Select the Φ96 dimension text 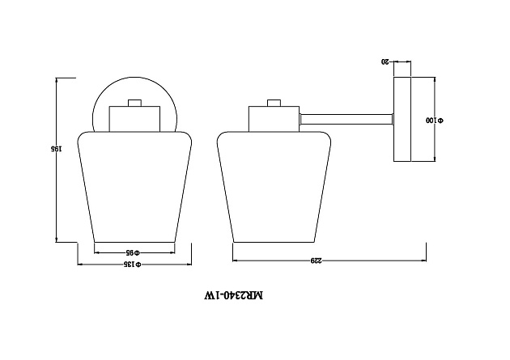click(134, 250)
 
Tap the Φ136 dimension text click(134, 265)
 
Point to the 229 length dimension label click(317, 260)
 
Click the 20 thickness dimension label click(385, 61)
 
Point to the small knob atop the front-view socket click(134, 103)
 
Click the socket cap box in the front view click(134, 119)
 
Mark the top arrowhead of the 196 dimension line click(57, 80)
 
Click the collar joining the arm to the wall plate click(392, 119)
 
